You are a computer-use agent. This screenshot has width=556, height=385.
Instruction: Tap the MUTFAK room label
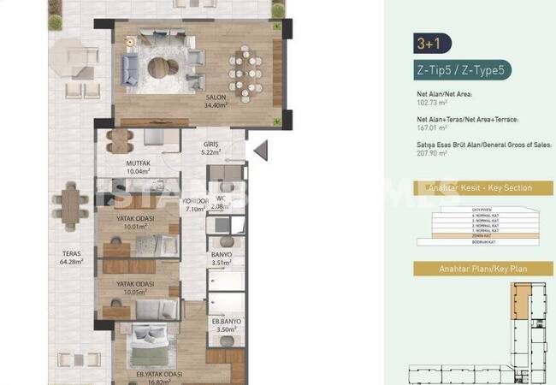click(138, 165)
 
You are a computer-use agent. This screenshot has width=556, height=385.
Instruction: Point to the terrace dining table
click(74, 206)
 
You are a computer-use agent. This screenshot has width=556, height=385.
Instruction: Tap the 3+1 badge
click(431, 44)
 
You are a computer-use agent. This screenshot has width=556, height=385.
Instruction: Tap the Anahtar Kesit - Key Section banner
click(483, 188)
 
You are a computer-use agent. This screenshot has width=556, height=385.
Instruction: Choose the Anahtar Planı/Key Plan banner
click(483, 269)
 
